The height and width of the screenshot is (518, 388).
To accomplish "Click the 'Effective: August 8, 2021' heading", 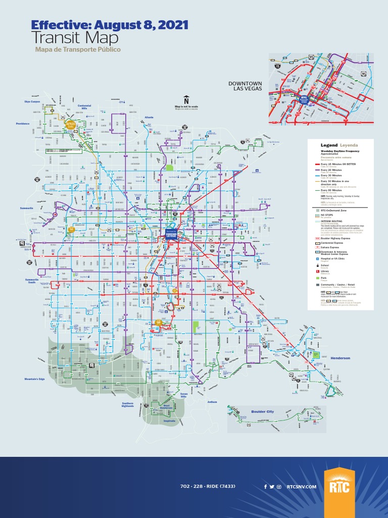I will click(109, 25).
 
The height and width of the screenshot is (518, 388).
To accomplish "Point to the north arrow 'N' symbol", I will click(186, 100).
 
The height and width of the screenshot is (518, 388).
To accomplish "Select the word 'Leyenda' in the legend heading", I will click(349, 145).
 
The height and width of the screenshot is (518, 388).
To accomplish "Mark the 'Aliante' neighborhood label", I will click(149, 117).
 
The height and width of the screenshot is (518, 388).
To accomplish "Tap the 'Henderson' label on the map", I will click(340, 358).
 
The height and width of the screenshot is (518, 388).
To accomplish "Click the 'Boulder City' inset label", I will click(263, 412).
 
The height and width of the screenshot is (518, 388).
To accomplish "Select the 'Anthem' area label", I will click(212, 402).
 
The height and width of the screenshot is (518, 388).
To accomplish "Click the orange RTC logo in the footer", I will click(339, 487).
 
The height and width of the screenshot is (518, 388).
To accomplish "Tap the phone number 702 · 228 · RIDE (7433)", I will click(207, 487).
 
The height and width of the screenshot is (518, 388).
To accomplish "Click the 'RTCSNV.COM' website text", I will click(301, 487).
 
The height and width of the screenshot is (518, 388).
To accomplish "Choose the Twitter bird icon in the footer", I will click(272, 487).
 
